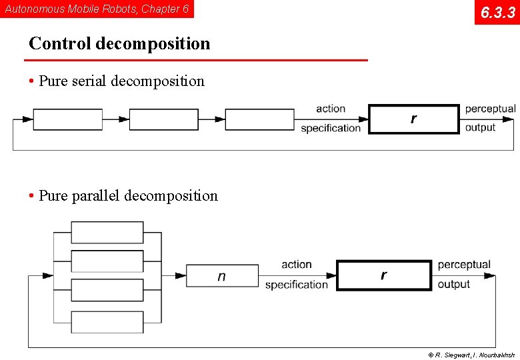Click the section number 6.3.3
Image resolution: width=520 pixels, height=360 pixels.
click(x=497, y=12)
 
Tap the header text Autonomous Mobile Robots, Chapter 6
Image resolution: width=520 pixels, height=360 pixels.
click(x=97, y=9)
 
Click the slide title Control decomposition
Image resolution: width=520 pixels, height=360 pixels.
click(x=119, y=43)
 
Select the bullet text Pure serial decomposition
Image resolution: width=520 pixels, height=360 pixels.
click(x=121, y=81)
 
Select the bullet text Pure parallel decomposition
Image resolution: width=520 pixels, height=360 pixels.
click(x=128, y=196)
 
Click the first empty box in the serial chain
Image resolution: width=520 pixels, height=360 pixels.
click(x=67, y=119)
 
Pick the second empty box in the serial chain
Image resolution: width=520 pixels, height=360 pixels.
click(x=163, y=119)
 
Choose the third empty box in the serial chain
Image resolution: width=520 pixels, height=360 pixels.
click(x=259, y=119)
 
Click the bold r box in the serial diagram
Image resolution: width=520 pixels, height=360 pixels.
click(x=414, y=119)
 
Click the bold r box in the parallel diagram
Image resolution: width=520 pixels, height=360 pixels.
click(x=383, y=275)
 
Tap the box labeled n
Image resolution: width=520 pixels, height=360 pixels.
click(x=222, y=275)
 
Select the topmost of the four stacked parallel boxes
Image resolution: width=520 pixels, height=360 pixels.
click(x=107, y=232)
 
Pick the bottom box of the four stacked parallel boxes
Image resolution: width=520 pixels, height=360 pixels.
click(x=107, y=322)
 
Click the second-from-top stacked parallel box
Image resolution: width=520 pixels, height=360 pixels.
click(x=107, y=261)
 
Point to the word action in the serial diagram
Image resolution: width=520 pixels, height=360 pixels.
click(x=331, y=109)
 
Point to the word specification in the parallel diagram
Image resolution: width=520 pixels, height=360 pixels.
click(x=297, y=285)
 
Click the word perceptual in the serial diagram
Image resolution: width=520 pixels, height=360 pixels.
click(x=490, y=109)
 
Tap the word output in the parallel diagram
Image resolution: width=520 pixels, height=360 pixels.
click(x=454, y=285)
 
